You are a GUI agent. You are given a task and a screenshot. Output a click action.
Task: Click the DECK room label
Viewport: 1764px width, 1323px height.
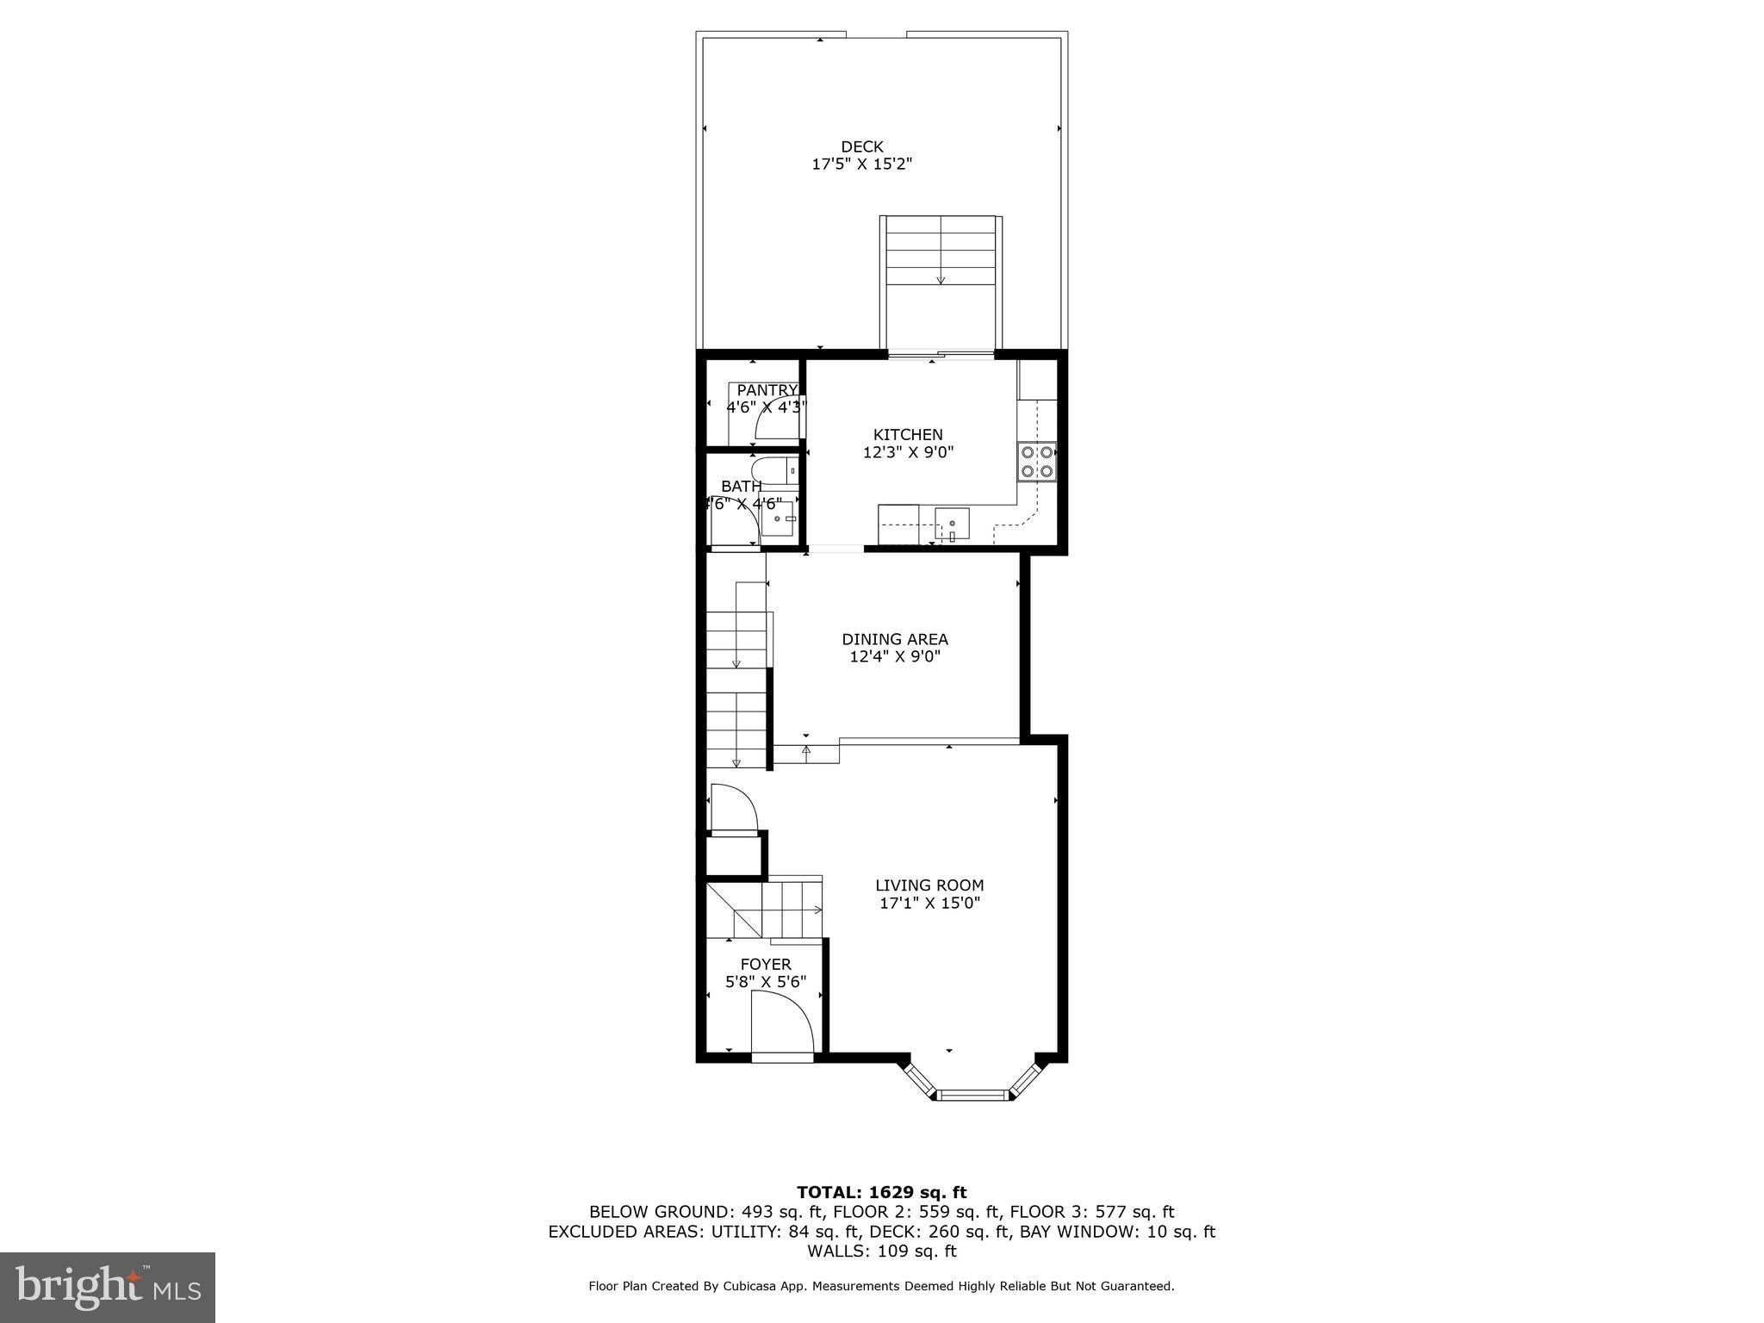862,147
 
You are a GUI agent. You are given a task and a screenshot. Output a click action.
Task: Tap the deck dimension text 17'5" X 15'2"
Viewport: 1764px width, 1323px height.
862,165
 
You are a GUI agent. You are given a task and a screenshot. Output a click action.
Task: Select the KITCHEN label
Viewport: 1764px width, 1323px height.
908,435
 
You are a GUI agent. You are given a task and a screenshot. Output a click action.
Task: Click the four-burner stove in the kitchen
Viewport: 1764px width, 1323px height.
1037,461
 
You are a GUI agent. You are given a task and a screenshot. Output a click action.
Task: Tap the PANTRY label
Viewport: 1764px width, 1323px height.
767,390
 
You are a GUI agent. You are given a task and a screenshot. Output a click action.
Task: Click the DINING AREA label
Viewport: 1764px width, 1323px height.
895,639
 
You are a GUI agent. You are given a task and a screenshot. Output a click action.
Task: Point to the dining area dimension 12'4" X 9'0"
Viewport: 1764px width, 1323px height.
895,657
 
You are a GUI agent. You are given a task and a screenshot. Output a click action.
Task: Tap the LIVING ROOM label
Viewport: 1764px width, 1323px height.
929,885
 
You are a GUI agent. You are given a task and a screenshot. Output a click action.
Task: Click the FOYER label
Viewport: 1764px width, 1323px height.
766,965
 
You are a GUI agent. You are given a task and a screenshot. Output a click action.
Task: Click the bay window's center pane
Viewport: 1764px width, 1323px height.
972,1095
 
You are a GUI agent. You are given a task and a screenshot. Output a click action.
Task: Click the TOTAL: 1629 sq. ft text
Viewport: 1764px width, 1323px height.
882,1193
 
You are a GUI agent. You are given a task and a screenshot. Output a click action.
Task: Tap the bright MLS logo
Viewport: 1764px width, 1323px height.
108,1287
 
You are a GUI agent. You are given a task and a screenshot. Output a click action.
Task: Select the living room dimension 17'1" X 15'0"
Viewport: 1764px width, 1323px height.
929,904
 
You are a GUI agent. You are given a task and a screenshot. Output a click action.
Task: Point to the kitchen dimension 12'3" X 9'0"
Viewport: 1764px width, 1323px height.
909,452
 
